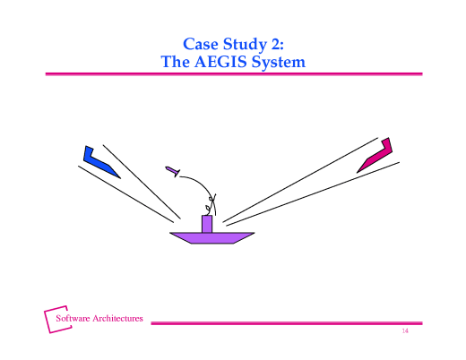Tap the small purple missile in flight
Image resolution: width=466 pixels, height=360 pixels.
pos(173,170)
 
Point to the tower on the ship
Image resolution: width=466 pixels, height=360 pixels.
pos(207,223)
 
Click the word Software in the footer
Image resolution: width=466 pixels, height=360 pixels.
pos(76,318)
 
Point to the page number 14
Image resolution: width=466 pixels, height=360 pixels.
pos(404,332)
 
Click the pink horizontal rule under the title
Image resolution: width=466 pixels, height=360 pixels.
pos(233,75)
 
